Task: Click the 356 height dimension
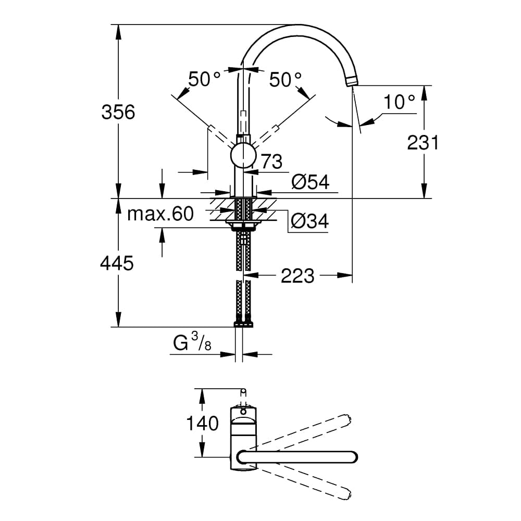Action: tap(118, 112)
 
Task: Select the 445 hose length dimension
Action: tap(117, 264)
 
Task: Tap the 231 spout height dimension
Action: tap(423, 142)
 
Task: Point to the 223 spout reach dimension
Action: tap(297, 276)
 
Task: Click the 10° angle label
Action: tap(400, 102)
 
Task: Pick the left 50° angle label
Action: tap(204, 80)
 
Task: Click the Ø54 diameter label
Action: tap(311, 182)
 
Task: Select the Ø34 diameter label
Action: tap(310, 221)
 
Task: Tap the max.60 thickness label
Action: tap(160, 214)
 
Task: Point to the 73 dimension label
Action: tap(271, 162)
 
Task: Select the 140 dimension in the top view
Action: tap(203, 424)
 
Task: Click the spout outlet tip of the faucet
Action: tap(353, 81)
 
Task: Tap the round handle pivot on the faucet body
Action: tap(243, 156)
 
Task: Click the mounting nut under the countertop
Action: tap(243, 226)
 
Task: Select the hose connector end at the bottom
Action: tap(243, 324)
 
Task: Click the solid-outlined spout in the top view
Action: tap(297, 457)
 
